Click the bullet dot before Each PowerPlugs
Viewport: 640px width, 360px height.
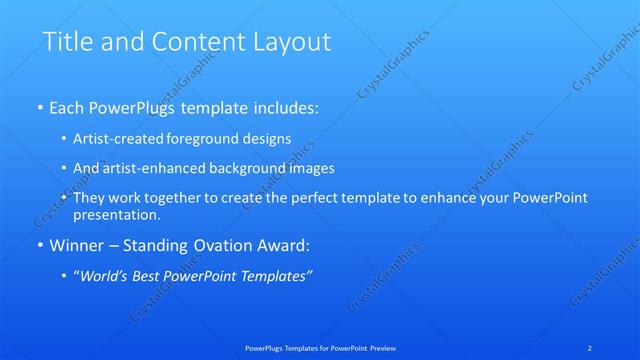click(39, 105)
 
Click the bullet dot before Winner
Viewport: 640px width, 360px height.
click(39, 245)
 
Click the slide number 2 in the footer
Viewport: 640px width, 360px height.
click(590, 347)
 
